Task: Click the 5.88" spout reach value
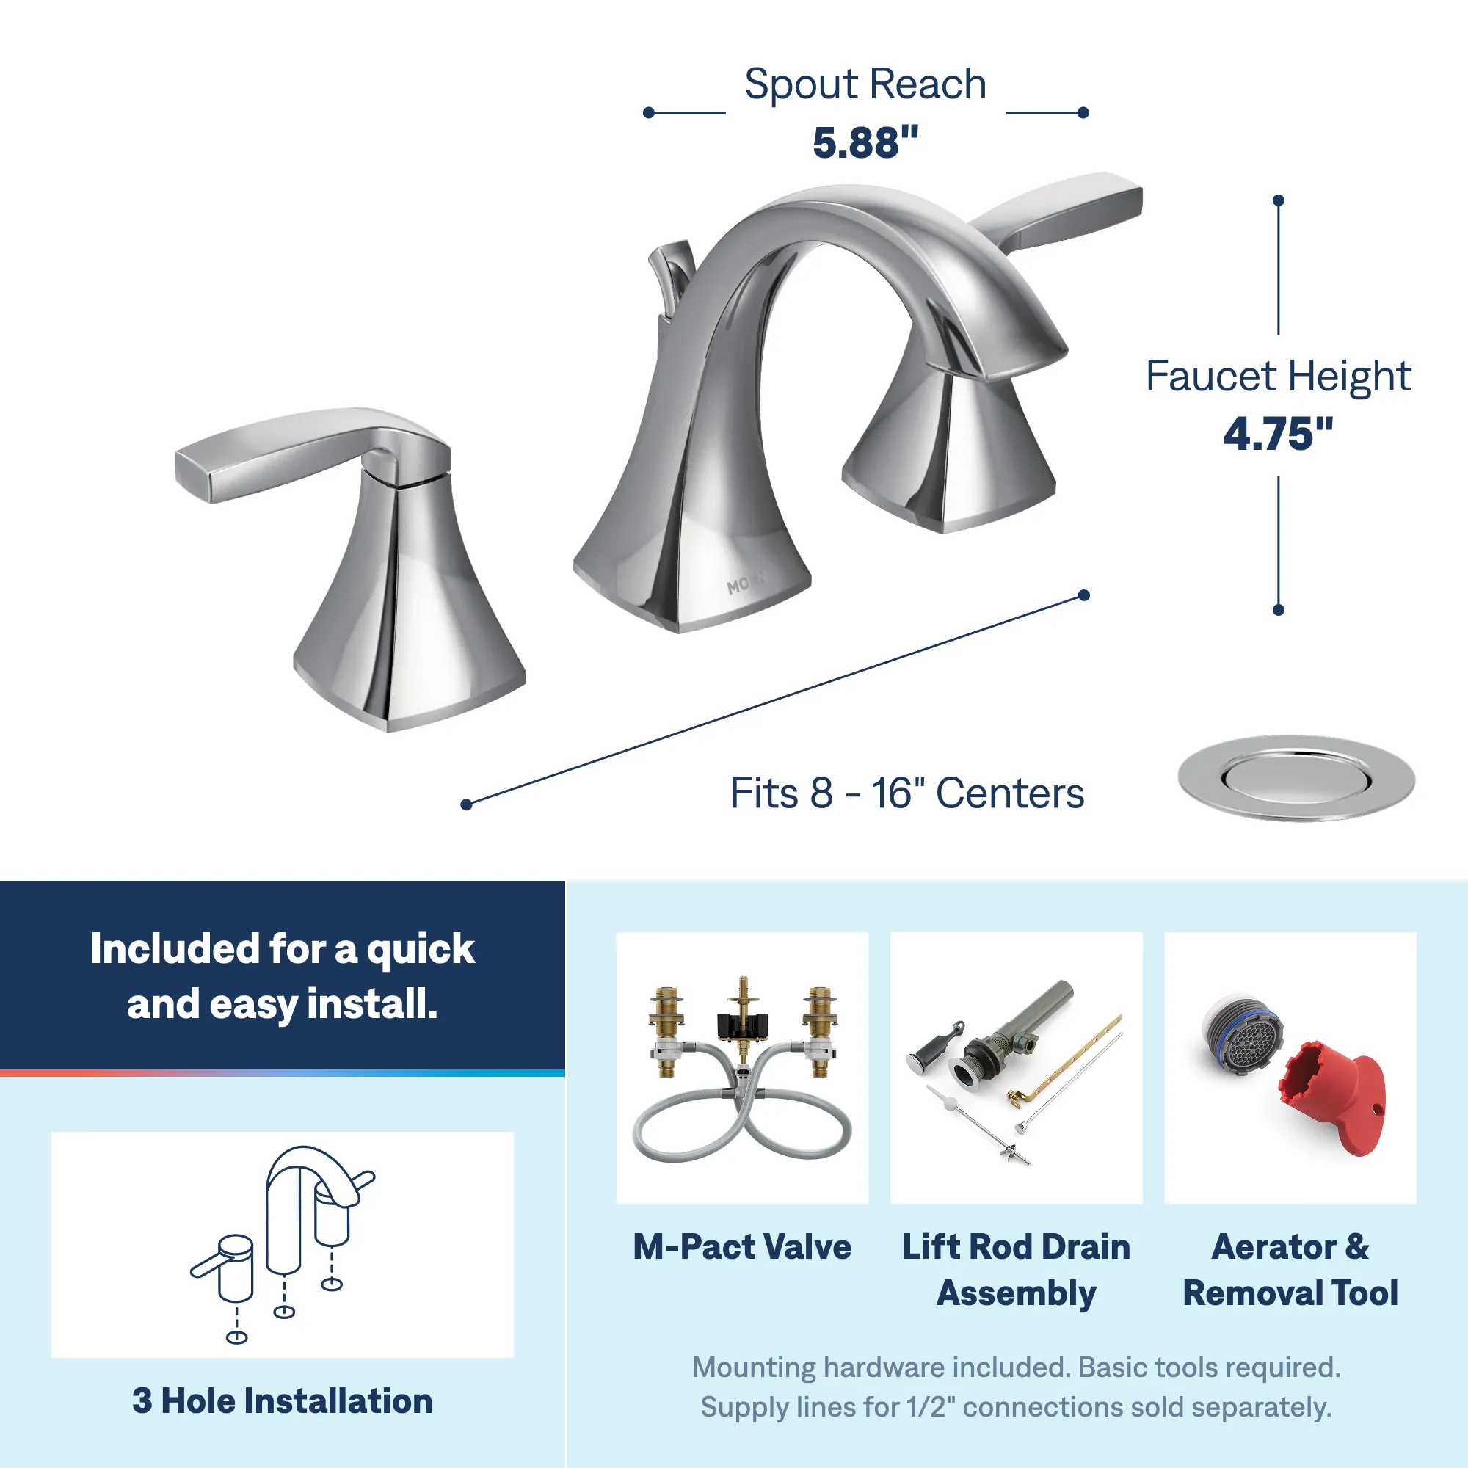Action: pyautogui.click(x=865, y=142)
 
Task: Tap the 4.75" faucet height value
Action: pyautogui.click(x=1278, y=434)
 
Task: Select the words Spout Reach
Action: pyautogui.click(x=865, y=84)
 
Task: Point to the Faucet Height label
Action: pyautogui.click(x=1278, y=376)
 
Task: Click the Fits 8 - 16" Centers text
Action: pyautogui.click(x=906, y=793)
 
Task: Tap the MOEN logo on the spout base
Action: pyautogui.click(x=746, y=583)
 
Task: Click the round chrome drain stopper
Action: pyautogui.click(x=1296, y=777)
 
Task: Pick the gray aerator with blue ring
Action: pyautogui.click(x=1242, y=1034)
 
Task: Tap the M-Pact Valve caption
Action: pyautogui.click(x=742, y=1247)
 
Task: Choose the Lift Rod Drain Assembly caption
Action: pyautogui.click(x=1016, y=1270)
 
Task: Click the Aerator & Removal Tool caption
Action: pyautogui.click(x=1290, y=1270)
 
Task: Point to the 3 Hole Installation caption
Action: pyautogui.click(x=282, y=1400)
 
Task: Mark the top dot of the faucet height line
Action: pyautogui.click(x=1278, y=200)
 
